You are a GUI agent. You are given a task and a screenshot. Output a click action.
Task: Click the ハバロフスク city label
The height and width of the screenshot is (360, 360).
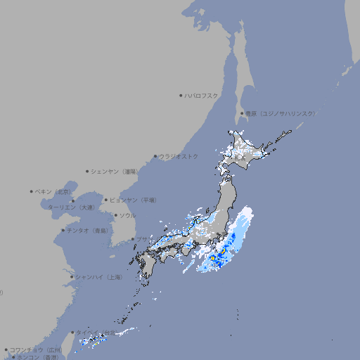(x=201, y=95)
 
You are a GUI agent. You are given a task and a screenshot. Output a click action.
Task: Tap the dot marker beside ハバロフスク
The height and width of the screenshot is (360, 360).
(x=181, y=95)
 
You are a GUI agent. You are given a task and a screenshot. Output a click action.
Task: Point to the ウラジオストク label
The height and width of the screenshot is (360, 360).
(x=179, y=156)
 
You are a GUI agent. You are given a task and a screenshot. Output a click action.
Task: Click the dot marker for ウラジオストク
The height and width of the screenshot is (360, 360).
(x=155, y=156)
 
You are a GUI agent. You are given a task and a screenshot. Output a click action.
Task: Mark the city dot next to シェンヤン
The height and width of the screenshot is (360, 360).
(x=87, y=171)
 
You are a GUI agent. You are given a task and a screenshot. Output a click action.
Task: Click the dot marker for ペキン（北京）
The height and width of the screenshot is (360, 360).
(x=32, y=191)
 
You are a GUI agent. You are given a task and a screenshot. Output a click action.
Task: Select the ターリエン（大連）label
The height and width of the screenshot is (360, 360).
(x=71, y=207)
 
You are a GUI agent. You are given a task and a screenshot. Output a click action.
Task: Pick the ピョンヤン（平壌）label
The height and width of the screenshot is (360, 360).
(x=134, y=200)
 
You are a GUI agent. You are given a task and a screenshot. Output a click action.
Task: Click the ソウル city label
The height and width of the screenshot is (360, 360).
(x=127, y=215)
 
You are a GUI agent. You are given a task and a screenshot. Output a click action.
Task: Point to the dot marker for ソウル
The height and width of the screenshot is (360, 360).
(x=115, y=215)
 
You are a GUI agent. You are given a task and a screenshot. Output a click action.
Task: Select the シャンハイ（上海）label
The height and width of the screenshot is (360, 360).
(x=98, y=277)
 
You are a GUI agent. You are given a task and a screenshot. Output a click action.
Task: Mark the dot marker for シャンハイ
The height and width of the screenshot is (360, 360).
(x=72, y=277)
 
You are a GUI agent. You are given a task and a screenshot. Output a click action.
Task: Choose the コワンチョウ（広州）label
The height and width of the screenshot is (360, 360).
(x=35, y=349)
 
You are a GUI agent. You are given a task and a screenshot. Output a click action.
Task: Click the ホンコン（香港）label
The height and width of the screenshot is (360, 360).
(x=38, y=357)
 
